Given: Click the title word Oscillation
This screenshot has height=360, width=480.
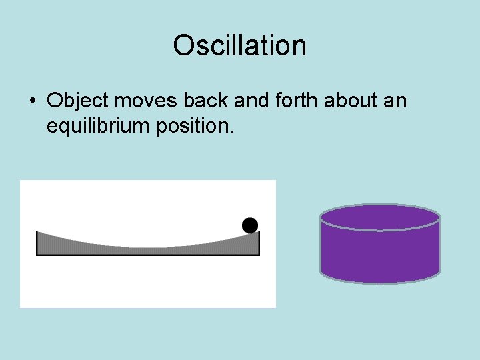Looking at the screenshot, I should [x=239, y=46].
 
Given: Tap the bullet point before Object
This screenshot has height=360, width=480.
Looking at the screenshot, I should [x=32, y=102].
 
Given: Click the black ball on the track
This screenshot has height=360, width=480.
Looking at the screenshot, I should [x=250, y=225].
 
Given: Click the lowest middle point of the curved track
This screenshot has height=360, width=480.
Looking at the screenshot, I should [x=147, y=251].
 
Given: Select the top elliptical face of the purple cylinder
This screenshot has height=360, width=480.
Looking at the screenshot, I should [x=380, y=217].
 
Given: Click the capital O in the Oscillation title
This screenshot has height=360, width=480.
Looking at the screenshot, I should [x=182, y=46].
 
